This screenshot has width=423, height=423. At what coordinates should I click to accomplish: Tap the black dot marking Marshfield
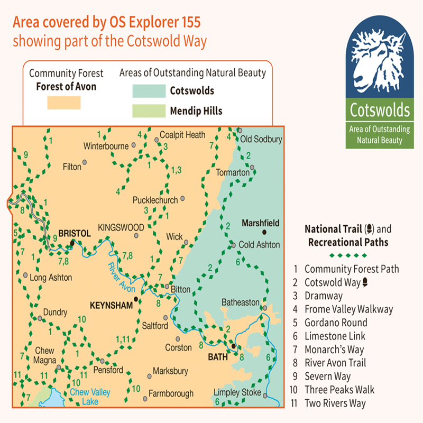264,232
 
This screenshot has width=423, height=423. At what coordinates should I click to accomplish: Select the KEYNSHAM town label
111,306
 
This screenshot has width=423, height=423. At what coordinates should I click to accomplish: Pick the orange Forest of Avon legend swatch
64,102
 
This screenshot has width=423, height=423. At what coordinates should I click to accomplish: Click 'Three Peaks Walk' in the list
339,390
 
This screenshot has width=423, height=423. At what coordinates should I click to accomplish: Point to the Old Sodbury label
262,139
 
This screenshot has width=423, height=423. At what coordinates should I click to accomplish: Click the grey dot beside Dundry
40,318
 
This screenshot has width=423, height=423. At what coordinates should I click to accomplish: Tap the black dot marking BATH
233,346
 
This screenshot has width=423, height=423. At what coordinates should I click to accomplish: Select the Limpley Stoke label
237,392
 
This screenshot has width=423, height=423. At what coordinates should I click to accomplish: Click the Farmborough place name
171,394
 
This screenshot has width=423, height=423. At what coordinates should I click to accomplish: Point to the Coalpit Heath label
182,135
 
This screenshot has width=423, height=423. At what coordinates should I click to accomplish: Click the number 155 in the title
186,22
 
